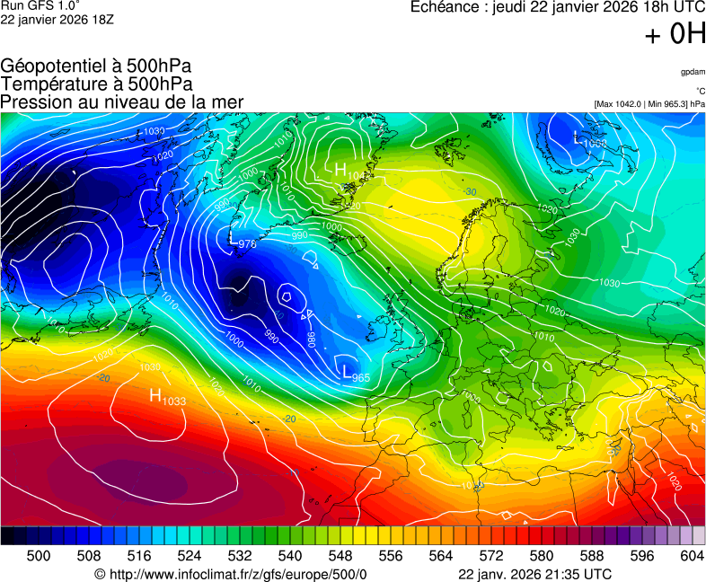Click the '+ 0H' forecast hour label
[675, 34]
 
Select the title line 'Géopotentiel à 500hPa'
[96, 66]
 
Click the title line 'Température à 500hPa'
[96, 84]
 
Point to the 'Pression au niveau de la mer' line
[122, 101]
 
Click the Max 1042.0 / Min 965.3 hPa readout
[649, 104]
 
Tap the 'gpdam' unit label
[693, 72]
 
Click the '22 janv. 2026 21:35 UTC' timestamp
[535, 574]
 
